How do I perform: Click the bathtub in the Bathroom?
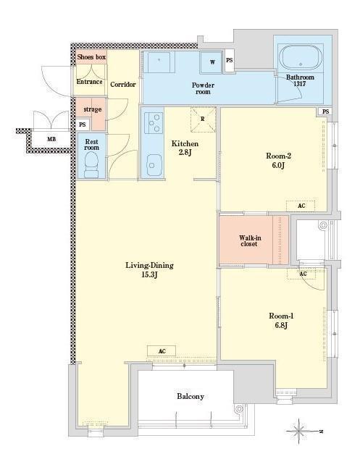301,57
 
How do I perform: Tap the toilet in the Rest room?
91,164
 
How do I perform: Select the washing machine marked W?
211,62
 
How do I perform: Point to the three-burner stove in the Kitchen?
154,122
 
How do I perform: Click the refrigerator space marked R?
203,119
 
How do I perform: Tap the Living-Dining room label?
149,269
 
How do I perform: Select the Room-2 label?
278,160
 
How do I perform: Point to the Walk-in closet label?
250,240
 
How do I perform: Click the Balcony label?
191,397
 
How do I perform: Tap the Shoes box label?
91,57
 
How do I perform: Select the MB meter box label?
51,139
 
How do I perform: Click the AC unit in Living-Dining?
162,351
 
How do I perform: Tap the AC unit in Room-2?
301,206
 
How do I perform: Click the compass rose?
299,431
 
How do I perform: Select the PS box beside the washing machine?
229,61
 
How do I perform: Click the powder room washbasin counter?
159,62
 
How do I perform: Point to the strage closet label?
93,109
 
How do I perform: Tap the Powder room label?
203,88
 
